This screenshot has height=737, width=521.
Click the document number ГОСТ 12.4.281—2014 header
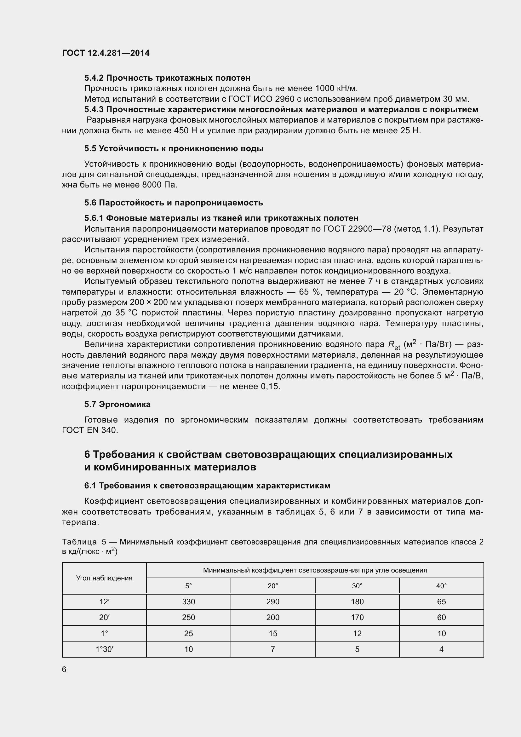tap(106, 53)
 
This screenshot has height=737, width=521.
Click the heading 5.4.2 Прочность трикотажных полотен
tap(167, 78)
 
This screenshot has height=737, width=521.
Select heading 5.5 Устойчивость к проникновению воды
tap(174, 149)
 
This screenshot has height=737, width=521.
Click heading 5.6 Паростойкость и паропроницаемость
tap(174, 203)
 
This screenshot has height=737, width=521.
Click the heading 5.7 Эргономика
tap(117, 405)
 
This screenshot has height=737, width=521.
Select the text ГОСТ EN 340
tap(90, 430)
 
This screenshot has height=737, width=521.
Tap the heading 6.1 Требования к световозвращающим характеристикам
tap(207, 486)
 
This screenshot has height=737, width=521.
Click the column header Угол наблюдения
tap(104, 578)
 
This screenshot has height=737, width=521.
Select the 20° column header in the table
tap(273, 586)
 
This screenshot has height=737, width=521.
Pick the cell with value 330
tap(188, 602)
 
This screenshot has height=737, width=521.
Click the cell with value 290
tap(273, 602)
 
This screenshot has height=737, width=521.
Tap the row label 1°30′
tap(104, 649)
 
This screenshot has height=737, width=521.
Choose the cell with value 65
tap(441, 602)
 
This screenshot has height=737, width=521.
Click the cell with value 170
tap(357, 618)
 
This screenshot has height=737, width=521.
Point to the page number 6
tap(64, 670)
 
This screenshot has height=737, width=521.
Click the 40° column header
tap(441, 586)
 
